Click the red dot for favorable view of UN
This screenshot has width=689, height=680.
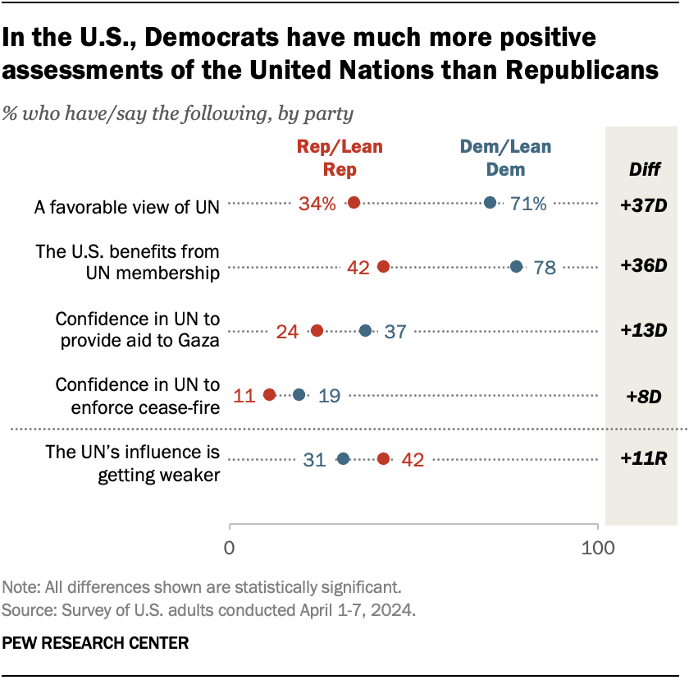point(354,203)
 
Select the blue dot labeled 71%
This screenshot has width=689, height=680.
point(491,203)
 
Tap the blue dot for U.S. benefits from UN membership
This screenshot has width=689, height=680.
point(516,266)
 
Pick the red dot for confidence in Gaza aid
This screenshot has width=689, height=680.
point(317,331)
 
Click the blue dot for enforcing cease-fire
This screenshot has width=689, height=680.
point(299,395)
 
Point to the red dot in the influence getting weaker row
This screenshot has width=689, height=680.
point(383,459)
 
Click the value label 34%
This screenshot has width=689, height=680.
point(317,204)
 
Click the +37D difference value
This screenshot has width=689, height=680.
point(641,204)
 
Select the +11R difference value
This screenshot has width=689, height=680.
point(641,459)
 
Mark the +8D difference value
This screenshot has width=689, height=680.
point(641,396)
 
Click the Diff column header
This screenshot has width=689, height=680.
point(641,171)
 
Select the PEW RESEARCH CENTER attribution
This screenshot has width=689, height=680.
point(95,642)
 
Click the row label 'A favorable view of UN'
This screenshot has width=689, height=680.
point(127,207)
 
